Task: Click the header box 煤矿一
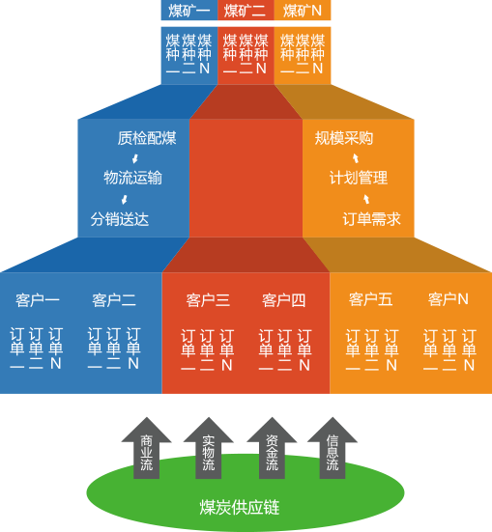click(x=189, y=11)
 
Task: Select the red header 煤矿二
click(x=246, y=11)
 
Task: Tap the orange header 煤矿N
click(x=303, y=11)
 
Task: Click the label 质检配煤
click(x=147, y=138)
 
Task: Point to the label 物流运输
click(x=132, y=178)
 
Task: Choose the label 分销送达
click(x=120, y=219)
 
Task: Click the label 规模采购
click(x=344, y=138)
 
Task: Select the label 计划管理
click(x=359, y=178)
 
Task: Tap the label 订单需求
click(x=372, y=219)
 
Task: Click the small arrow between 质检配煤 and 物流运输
click(x=135, y=158)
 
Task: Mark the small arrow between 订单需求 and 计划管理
click(x=366, y=199)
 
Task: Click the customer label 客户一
click(x=38, y=300)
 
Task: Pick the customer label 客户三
click(x=208, y=300)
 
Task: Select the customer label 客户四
click(x=284, y=300)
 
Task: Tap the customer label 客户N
click(x=449, y=299)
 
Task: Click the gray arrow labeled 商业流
click(x=147, y=448)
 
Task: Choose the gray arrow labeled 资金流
click(x=272, y=448)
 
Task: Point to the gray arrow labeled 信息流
click(x=333, y=448)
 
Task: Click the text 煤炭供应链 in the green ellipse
click(x=240, y=508)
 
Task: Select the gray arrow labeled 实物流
click(x=208, y=448)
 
